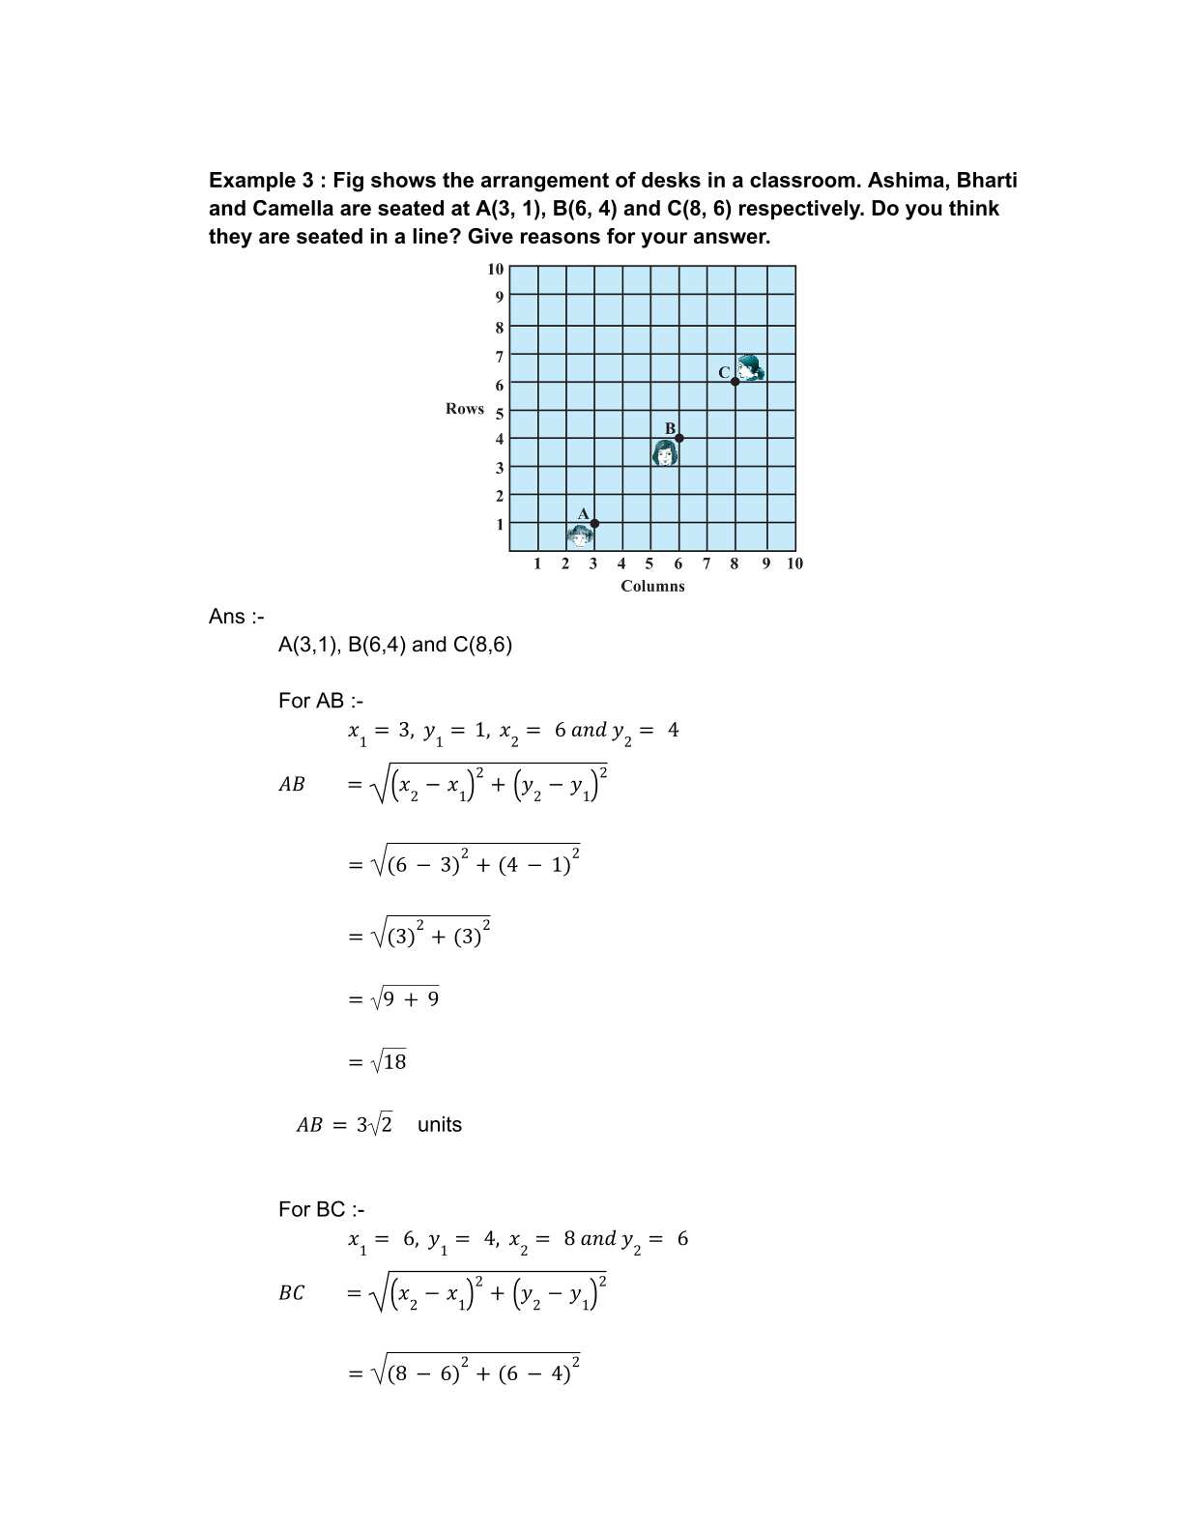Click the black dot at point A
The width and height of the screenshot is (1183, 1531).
594,524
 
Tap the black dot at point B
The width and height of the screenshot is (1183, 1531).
679,438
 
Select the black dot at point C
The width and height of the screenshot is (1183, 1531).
736,382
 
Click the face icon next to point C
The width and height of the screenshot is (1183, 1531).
750,368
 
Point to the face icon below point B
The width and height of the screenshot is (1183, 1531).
665,452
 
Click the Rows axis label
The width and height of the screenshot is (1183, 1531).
465,409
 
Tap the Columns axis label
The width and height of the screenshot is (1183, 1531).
652,586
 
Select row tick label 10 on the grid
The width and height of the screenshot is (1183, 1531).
496,269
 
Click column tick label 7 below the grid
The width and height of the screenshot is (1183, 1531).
707,563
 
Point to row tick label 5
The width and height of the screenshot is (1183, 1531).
500,415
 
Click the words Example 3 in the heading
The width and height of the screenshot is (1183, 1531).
265,181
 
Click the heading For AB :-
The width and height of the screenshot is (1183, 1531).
321,701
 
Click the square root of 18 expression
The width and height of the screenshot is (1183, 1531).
390,1062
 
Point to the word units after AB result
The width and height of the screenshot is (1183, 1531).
440,1125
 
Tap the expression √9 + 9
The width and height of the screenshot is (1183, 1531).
406,999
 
